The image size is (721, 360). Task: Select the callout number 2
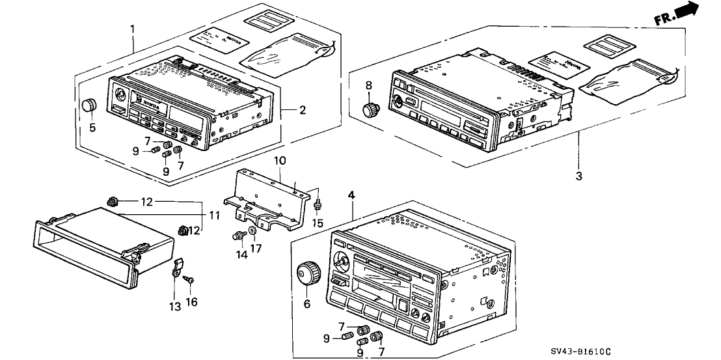click(x=302, y=111)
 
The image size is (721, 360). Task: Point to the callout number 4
click(x=352, y=194)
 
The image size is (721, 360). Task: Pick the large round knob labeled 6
click(x=306, y=273)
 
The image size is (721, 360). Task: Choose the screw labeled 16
click(x=189, y=279)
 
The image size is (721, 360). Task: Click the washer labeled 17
click(x=253, y=232)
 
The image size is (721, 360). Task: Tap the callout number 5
click(x=92, y=128)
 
